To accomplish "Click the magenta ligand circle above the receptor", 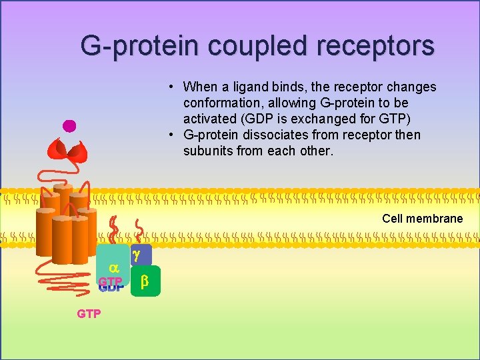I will pos(69,125).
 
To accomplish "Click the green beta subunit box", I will pos(145,282).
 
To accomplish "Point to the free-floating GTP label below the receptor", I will pos(89,313).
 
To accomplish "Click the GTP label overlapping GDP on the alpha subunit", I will pos(110,282).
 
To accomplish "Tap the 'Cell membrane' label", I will pos(422,219).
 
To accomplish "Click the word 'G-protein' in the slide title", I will pos(141,46).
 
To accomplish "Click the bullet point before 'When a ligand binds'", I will pos(171,87).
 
